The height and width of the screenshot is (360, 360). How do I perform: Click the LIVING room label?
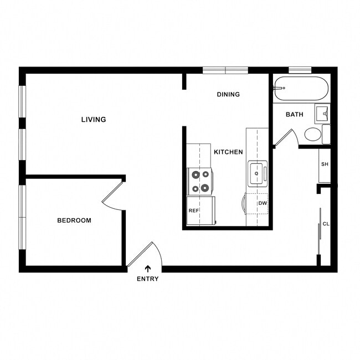pyautogui.click(x=93, y=120)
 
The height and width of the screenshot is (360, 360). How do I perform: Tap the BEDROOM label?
pyautogui.click(x=74, y=220)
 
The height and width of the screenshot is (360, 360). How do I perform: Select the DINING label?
pyautogui.click(x=228, y=94)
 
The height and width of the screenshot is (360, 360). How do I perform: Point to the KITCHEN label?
pyautogui.click(x=228, y=152)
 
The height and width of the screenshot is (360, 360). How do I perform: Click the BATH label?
pyautogui.click(x=294, y=115)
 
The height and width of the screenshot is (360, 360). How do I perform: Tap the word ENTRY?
pyautogui.click(x=147, y=279)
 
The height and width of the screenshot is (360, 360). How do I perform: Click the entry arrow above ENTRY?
pyautogui.click(x=147, y=268)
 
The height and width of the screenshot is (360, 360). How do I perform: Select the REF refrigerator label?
pyautogui.click(x=193, y=211)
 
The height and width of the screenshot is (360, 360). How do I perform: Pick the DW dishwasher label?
pyautogui.click(x=262, y=203)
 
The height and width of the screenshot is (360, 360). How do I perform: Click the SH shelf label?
pyautogui.click(x=325, y=164)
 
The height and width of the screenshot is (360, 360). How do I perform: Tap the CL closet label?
pyautogui.click(x=326, y=224)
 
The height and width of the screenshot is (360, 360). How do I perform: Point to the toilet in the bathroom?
pyautogui.click(x=313, y=134)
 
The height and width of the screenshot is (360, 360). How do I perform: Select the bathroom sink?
pyautogui.click(x=322, y=115)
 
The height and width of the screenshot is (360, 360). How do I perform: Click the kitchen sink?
pyautogui.click(x=256, y=173)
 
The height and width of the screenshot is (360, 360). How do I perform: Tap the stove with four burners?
pyautogui.click(x=200, y=181)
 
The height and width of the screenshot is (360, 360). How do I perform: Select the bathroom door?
pyautogui.click(x=286, y=137)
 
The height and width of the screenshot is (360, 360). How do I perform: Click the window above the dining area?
pyautogui.click(x=225, y=70)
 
